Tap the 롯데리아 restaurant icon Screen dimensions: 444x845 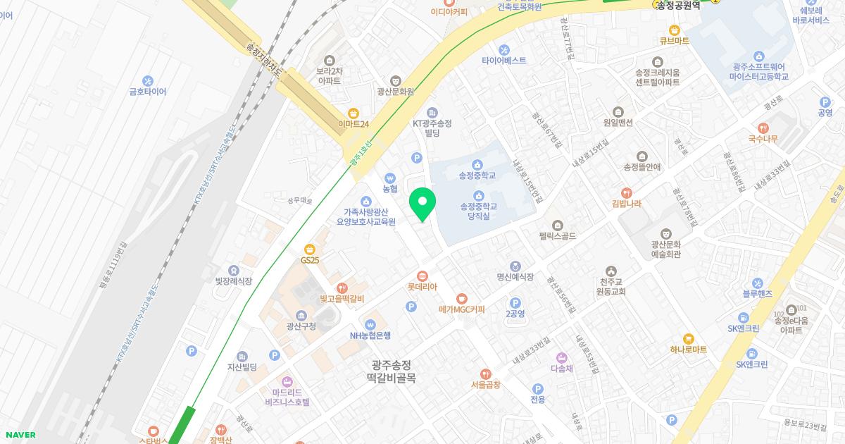click(x=423, y=276)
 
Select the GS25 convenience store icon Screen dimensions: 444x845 click(x=310, y=249)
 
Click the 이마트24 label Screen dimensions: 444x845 click(x=353, y=124)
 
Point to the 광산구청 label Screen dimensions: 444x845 click(x=301, y=326)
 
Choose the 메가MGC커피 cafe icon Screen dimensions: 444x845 click(x=462, y=298)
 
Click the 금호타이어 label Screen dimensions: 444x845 click(x=148, y=92)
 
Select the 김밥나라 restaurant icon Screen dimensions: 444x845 click(x=627, y=192)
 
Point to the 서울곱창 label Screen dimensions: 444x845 click(x=485, y=385)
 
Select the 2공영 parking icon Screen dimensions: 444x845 click(x=515, y=303)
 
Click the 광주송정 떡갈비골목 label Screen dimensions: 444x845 click(x=392, y=371)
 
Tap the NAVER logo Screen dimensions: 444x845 click(x=20, y=435)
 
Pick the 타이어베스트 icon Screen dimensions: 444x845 click(x=504, y=49)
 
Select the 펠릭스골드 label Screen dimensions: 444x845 click(x=557, y=236)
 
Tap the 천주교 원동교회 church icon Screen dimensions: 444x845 click(x=611, y=271)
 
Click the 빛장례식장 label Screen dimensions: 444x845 click(x=234, y=281)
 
